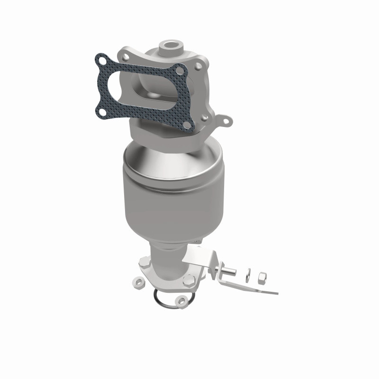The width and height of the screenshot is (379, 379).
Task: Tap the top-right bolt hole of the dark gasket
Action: tap(179, 71)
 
